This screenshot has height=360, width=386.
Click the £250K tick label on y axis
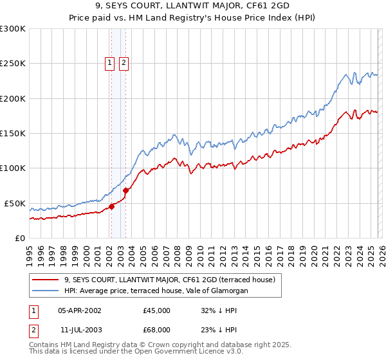pyautogui.click(x=13, y=64)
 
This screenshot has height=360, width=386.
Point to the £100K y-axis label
pyautogui.click(x=13, y=168)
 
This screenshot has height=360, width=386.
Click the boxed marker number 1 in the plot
pyautogui.click(x=110, y=63)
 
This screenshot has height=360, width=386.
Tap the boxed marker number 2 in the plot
pyautogui.click(x=124, y=63)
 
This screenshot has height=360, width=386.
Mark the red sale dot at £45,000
pyautogui.click(x=111, y=206)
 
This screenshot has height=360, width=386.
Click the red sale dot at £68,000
pyautogui.click(x=126, y=190)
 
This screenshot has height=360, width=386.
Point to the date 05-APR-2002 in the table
pyautogui.click(x=80, y=310)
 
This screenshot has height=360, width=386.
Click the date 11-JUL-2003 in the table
pyautogui.click(x=79, y=330)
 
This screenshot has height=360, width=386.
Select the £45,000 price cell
pyautogui.click(x=156, y=310)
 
